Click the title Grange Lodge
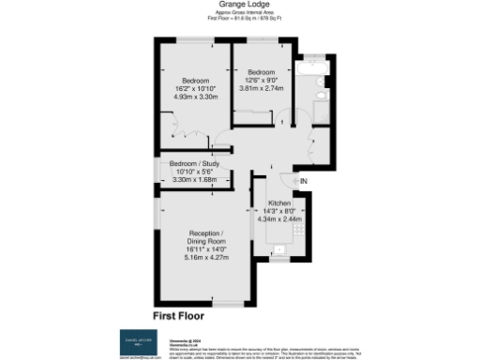239,7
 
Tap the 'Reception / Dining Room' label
204,236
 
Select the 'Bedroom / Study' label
195,163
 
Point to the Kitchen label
280,203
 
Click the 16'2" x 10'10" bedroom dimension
195,88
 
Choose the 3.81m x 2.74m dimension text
261,87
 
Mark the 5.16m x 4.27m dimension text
204,256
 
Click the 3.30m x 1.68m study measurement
195,178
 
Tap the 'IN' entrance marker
303,181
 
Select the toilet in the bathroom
322,95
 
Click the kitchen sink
278,249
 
